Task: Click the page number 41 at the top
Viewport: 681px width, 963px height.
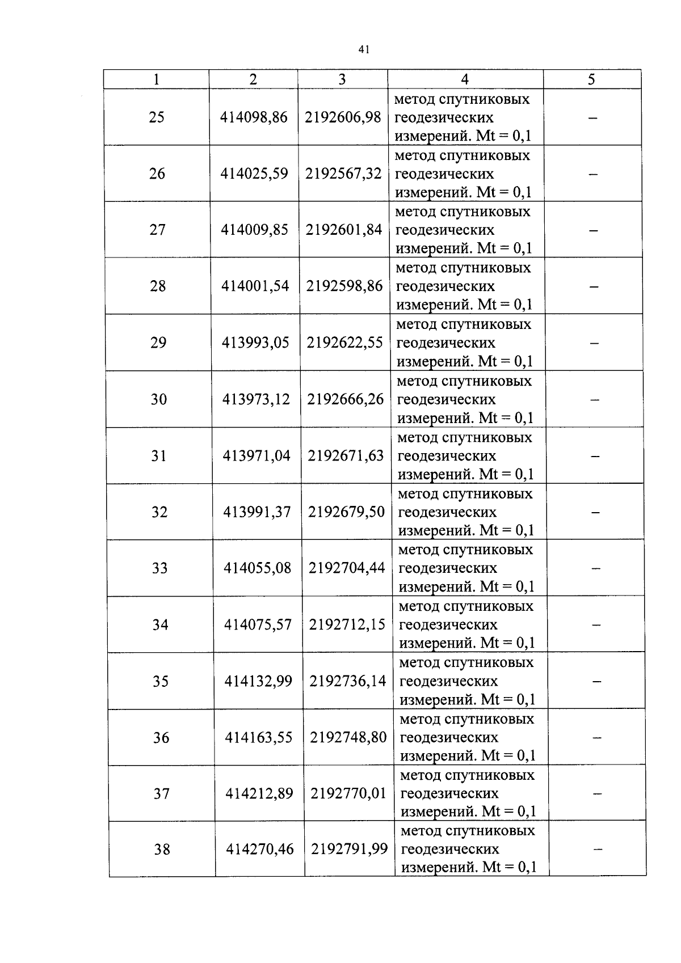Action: (x=364, y=50)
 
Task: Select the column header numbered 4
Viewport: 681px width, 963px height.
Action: (x=465, y=79)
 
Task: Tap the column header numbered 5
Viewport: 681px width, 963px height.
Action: (x=591, y=80)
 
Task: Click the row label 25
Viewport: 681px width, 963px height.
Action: (x=157, y=117)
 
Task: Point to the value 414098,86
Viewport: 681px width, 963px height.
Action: (x=254, y=117)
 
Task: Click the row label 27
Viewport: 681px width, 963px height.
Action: (x=157, y=230)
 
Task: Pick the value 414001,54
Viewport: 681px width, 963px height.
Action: (x=255, y=286)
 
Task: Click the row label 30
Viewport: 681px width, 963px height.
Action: (x=159, y=399)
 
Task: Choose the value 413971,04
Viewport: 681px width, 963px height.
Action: (x=257, y=455)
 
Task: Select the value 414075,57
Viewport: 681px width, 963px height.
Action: (x=258, y=624)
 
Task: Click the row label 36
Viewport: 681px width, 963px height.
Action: (x=161, y=737)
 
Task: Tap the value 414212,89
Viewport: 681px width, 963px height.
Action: (x=259, y=793)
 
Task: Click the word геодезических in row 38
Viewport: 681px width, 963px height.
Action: (x=451, y=849)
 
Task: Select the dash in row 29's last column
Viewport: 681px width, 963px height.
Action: (x=594, y=343)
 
